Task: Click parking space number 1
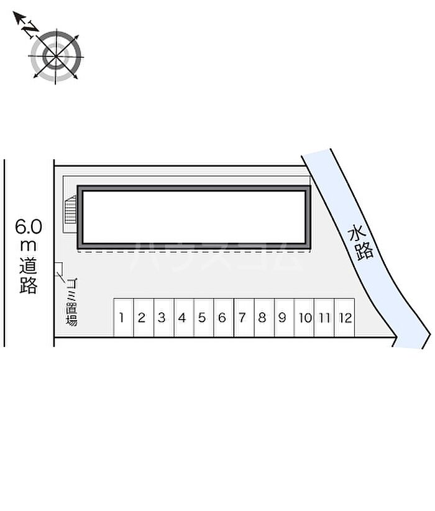pos(123,318)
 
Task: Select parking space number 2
pos(144,318)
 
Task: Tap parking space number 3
pos(163,318)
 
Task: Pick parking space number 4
pos(184,318)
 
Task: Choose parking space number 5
pos(204,318)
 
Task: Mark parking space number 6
pos(224,318)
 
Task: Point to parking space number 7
pos(244,318)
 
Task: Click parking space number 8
pos(264,318)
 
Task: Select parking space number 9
pos(284,318)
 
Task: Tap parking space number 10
pos(304,318)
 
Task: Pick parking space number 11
pos(324,318)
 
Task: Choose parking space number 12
pos(344,318)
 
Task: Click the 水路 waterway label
pos(360,243)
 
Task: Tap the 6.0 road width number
pos(29,226)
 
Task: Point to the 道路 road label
pos(29,276)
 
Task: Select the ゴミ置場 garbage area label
pos(71,302)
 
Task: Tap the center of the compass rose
pos(56,57)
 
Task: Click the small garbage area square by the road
pos(58,267)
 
